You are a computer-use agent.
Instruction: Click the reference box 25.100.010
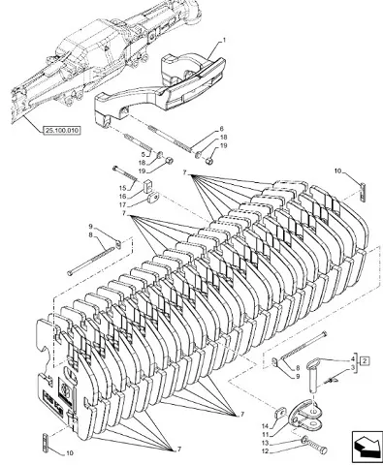click(62, 131)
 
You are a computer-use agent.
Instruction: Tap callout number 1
click(224, 41)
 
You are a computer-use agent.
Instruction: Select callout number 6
click(221, 129)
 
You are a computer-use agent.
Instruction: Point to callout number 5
click(144, 154)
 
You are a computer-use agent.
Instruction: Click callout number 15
click(122, 188)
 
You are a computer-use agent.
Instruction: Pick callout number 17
click(122, 204)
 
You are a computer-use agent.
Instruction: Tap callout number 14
click(265, 427)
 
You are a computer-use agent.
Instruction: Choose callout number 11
click(265, 435)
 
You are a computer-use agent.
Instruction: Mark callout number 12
click(265, 451)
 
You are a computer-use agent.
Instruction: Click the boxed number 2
click(365, 360)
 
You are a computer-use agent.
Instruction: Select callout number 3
click(353, 367)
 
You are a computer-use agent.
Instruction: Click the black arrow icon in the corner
click(367, 447)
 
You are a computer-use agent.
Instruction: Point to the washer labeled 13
click(304, 440)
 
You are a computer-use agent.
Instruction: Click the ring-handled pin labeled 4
click(313, 375)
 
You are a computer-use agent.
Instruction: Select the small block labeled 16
click(148, 185)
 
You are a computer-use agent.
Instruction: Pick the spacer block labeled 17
click(153, 197)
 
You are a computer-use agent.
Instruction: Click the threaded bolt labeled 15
click(125, 173)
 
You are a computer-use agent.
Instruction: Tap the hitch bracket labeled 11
click(305, 415)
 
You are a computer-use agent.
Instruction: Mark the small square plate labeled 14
click(280, 413)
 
